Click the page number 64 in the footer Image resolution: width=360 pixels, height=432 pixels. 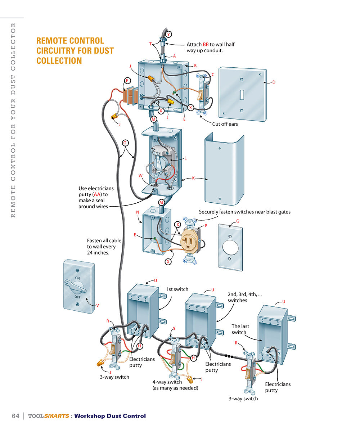pos(15,416)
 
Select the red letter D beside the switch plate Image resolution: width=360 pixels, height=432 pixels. pos(274,82)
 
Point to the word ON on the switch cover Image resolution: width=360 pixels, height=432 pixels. pos(77,278)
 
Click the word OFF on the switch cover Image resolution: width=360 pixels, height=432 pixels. pos(78,297)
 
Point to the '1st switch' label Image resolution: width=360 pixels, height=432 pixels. pos(177,289)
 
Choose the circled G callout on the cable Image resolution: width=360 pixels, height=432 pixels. pos(125,143)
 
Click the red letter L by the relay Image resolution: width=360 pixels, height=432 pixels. pos(185,158)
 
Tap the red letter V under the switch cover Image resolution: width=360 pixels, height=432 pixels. pos(97,305)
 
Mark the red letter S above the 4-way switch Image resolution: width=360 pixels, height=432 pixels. pos(174,328)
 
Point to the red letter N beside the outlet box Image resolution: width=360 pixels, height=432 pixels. pos(138,212)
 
